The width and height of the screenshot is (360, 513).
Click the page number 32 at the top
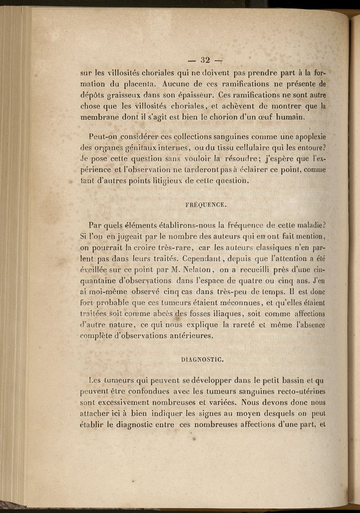coord(206,60)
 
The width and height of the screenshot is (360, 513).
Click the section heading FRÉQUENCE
coord(205,205)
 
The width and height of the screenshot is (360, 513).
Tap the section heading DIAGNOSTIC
coord(202,359)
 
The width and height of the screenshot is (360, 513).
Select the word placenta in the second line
coord(137,83)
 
